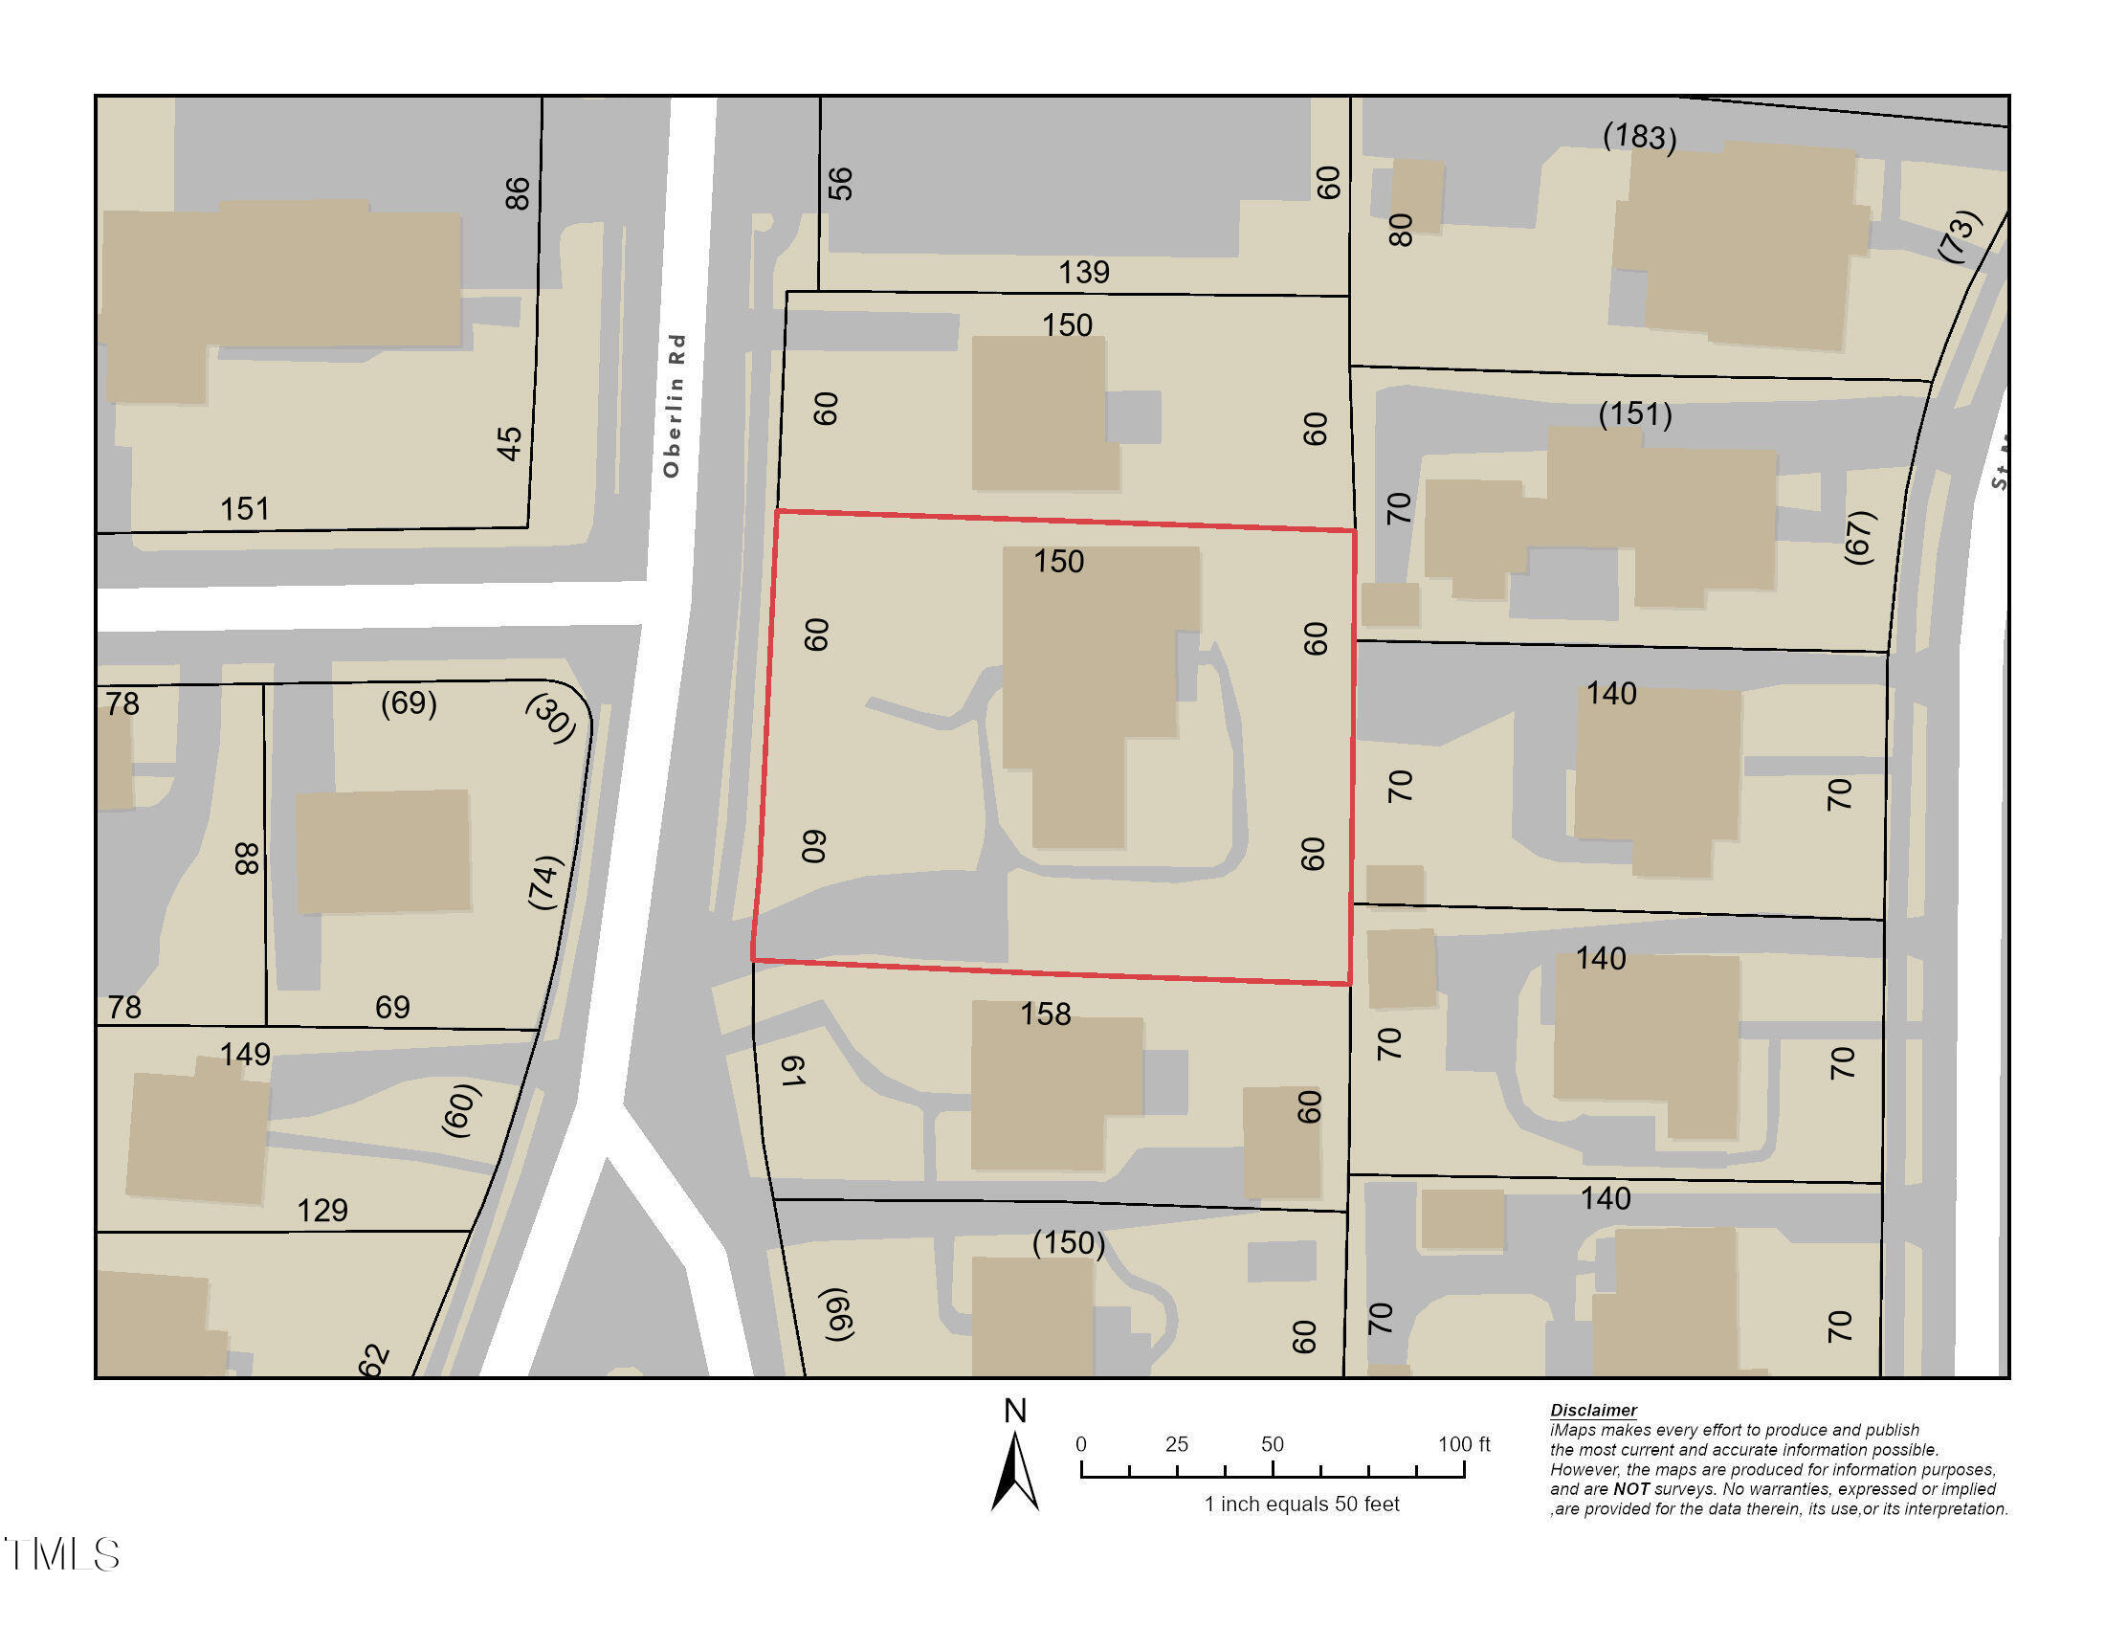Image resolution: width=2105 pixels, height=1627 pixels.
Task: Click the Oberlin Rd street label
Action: pos(675,405)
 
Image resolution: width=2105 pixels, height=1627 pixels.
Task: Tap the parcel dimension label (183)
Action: pos(1639,136)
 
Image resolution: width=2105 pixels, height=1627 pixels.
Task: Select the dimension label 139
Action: pos(1083,272)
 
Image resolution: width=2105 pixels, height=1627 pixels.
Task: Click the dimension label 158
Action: pos(1046,1014)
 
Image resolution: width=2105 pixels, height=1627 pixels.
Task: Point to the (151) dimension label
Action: pos(1634,414)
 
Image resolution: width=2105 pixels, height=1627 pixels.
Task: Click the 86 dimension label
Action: pos(518,192)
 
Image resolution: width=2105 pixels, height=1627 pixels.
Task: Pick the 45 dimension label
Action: pos(510,443)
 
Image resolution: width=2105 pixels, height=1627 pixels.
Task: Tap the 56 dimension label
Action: pos(840,183)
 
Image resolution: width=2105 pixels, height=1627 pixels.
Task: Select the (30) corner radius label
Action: pos(551,718)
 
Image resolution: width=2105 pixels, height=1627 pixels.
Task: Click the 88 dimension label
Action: pos(248,858)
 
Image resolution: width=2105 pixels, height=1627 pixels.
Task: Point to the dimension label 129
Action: pos(321,1210)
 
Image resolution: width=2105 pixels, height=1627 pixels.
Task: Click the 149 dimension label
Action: pos(245,1054)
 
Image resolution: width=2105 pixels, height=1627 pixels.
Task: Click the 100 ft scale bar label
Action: pos(1463,1444)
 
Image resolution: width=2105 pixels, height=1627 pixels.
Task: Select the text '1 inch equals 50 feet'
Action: pos(1301,1504)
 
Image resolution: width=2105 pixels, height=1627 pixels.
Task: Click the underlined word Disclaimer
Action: pos(1592,1410)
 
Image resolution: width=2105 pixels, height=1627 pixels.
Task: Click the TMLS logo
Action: pos(62,1554)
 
